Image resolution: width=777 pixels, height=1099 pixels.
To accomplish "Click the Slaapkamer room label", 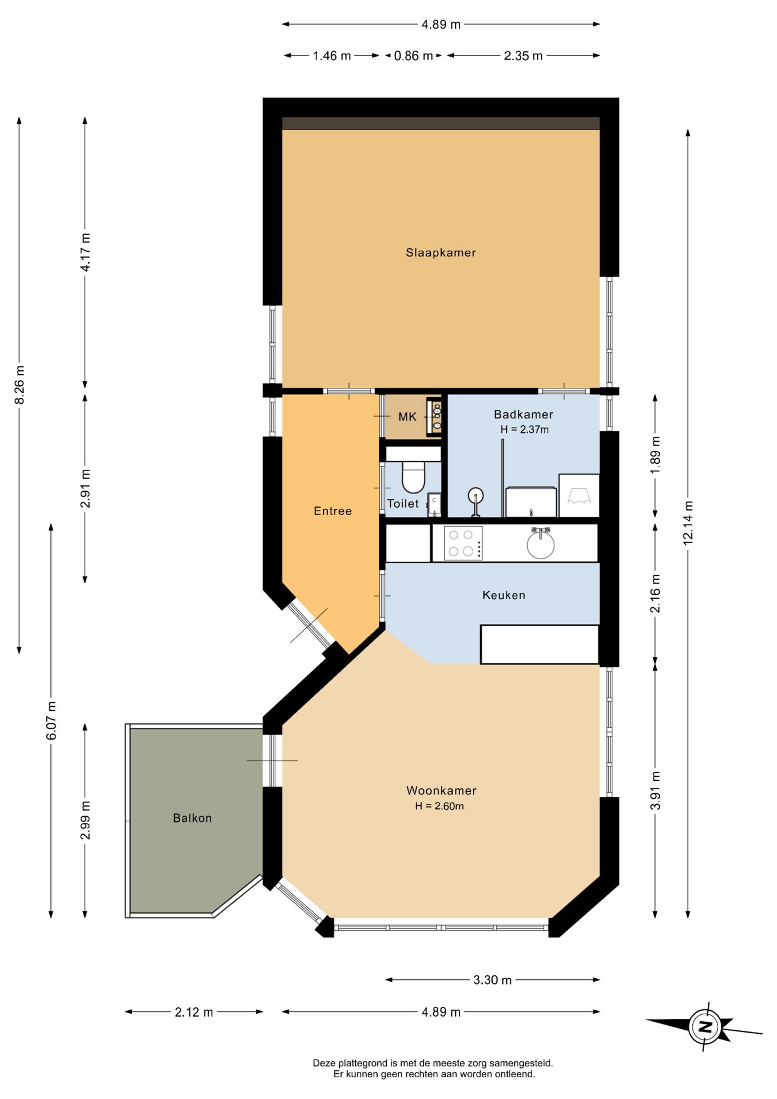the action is [x=441, y=252].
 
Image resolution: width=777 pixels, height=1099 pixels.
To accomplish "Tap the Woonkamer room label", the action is [x=441, y=790].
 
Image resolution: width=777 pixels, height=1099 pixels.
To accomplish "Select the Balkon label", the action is [x=192, y=818].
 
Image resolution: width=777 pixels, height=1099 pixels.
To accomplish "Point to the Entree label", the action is [x=332, y=511].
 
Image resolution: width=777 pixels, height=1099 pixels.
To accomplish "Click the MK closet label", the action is [x=407, y=417].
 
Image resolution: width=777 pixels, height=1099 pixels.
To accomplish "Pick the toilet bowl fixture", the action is [x=413, y=477].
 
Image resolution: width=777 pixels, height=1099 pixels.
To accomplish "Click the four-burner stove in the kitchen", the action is [x=463, y=543].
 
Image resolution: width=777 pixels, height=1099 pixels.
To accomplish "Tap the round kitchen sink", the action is [x=540, y=544].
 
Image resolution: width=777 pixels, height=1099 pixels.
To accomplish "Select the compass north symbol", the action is [x=704, y=1026].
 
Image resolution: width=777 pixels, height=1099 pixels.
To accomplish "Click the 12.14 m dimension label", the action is [x=688, y=522].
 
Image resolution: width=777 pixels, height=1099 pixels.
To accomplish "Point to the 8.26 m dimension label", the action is [x=19, y=385].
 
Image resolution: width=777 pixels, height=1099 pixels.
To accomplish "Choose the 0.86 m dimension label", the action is [x=413, y=56].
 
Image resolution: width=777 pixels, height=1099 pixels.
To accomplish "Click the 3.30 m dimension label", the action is [x=492, y=980].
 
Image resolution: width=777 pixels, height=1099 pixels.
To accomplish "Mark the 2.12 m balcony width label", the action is [x=194, y=1012].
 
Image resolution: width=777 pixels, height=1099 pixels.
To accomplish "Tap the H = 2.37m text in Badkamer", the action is [x=524, y=429].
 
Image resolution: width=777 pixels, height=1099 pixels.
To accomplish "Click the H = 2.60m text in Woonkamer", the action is [x=439, y=806].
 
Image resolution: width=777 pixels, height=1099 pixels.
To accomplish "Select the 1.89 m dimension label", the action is [x=655, y=454].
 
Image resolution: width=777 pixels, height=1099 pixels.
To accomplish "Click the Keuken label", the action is [x=504, y=595].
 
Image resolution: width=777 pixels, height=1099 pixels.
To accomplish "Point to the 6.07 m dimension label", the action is [x=51, y=720].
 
